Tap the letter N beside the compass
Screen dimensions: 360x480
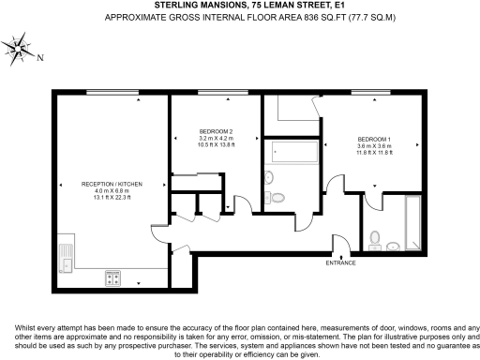[39, 57]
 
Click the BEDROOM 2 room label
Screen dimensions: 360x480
[216, 131]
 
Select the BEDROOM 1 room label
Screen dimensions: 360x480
[374, 141]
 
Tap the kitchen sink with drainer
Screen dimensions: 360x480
[67, 253]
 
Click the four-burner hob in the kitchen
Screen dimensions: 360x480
[112, 277]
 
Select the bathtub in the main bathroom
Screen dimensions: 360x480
[290, 153]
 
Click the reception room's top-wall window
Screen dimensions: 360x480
[102, 92]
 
